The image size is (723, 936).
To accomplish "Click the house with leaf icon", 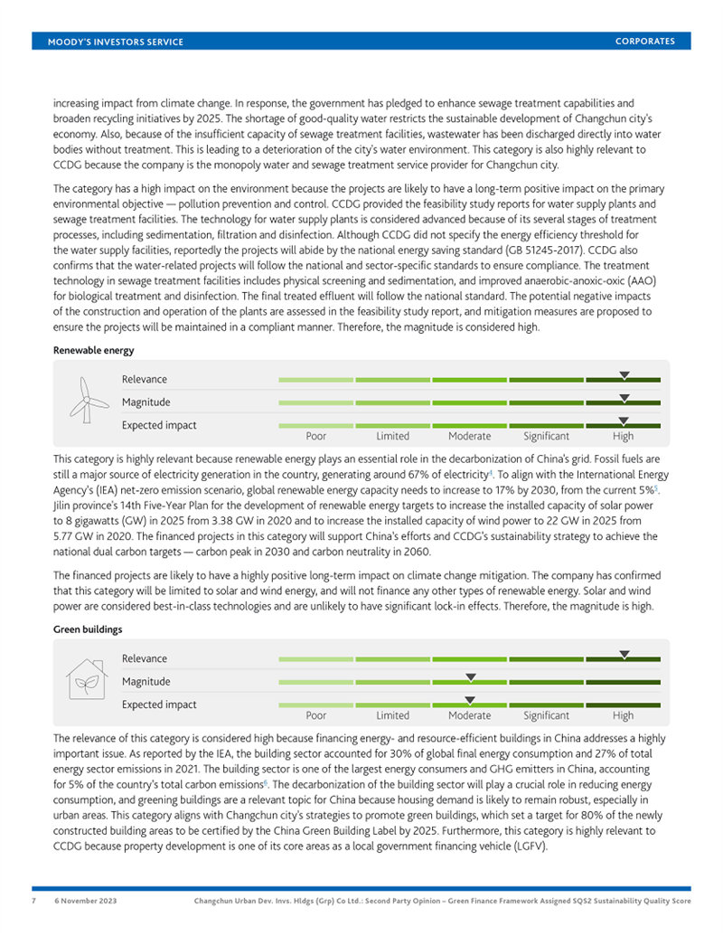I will coord(88,679).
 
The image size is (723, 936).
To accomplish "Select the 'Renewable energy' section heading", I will coord(94,349).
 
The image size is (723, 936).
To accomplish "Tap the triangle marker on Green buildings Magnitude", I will coord(470,676).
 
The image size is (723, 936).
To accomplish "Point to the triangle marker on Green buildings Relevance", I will coord(624,654).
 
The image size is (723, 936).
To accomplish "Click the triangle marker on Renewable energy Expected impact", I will coord(624,421).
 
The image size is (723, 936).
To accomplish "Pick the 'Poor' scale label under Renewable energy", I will coord(315,436).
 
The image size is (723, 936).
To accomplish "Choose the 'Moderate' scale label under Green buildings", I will coord(469,715).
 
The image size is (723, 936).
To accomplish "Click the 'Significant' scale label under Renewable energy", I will coord(546,436).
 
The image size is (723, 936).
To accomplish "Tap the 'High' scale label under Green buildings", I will coord(623,715).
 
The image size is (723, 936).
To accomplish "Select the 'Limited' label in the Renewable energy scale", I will coord(392,436).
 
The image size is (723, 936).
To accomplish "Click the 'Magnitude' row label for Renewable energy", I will coord(146,402).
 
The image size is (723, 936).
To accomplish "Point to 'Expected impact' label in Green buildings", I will coord(159,704).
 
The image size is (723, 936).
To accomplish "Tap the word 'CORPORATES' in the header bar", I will coord(644,42).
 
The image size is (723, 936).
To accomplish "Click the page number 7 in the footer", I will coord(33,902).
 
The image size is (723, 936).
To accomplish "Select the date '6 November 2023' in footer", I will coord(85,902).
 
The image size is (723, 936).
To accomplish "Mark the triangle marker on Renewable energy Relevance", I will coord(624,374).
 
